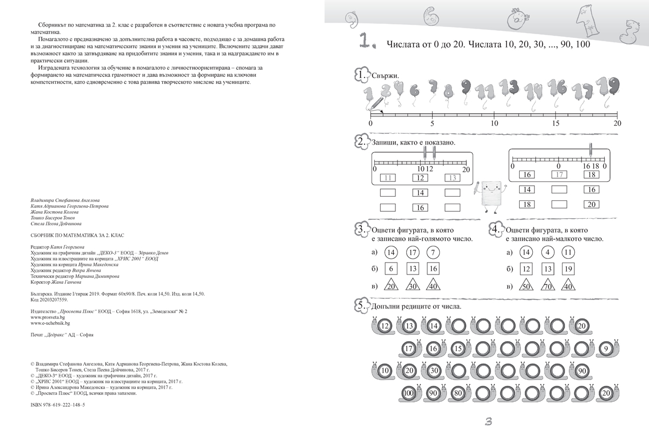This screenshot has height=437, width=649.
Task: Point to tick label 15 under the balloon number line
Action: [x=555, y=123]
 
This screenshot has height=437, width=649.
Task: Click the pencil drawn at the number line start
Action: [x=378, y=103]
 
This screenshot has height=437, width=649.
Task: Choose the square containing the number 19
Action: [x=567, y=269]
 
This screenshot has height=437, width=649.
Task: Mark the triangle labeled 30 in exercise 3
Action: [x=413, y=287]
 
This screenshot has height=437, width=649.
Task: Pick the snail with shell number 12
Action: [x=382, y=326]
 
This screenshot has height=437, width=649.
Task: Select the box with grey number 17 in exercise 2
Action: [x=560, y=174]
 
